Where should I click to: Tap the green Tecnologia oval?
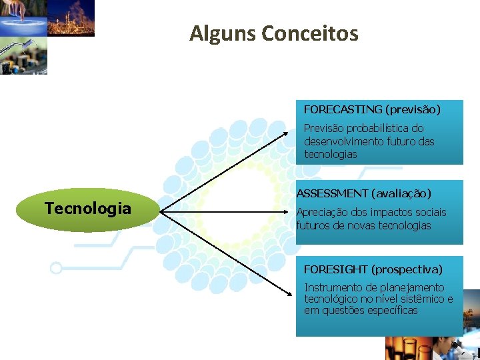[x=88, y=209]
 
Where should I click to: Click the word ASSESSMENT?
[x=332, y=193]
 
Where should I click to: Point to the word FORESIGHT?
[x=335, y=269]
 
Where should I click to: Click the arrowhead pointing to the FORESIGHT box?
[x=291, y=289]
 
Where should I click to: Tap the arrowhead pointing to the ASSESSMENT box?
[x=291, y=213]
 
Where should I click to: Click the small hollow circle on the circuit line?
[x=56, y=268]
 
